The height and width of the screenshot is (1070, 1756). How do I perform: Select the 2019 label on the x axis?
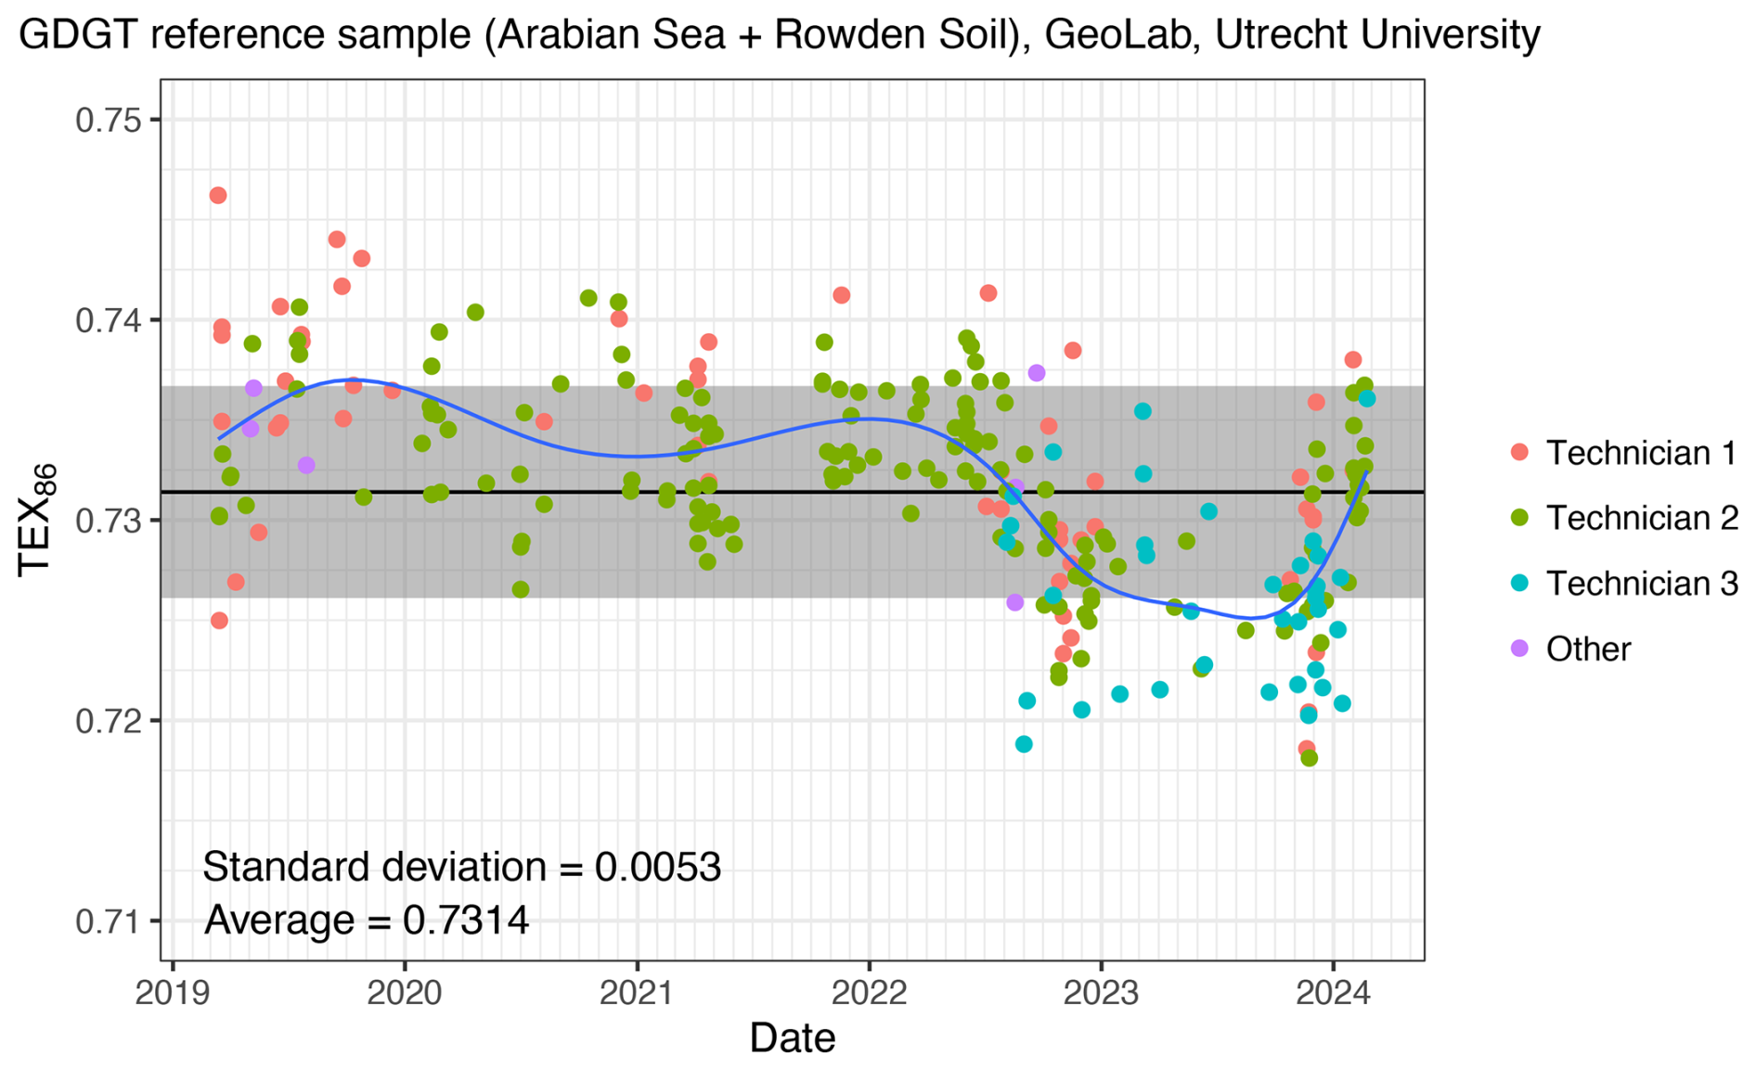tap(173, 994)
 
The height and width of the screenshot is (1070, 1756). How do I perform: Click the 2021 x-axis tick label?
tap(637, 994)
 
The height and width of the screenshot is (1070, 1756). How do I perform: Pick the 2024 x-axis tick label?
tap(1333, 994)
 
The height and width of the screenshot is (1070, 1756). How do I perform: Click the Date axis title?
tap(792, 1038)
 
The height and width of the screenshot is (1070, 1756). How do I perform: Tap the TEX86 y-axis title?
tap(37, 520)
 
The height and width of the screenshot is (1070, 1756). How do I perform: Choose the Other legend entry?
tap(1587, 649)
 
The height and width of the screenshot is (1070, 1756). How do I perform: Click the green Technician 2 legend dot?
tap(1519, 518)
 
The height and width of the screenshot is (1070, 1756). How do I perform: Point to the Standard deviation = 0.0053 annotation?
tap(461, 867)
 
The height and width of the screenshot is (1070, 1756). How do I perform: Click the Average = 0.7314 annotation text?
tap(367, 921)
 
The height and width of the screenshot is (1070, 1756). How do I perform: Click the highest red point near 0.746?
tap(218, 196)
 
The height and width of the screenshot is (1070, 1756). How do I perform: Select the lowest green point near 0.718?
tap(1310, 758)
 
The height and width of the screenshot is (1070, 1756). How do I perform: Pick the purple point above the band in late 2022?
tap(1037, 373)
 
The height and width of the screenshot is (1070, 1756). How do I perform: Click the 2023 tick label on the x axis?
tap(1101, 994)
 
